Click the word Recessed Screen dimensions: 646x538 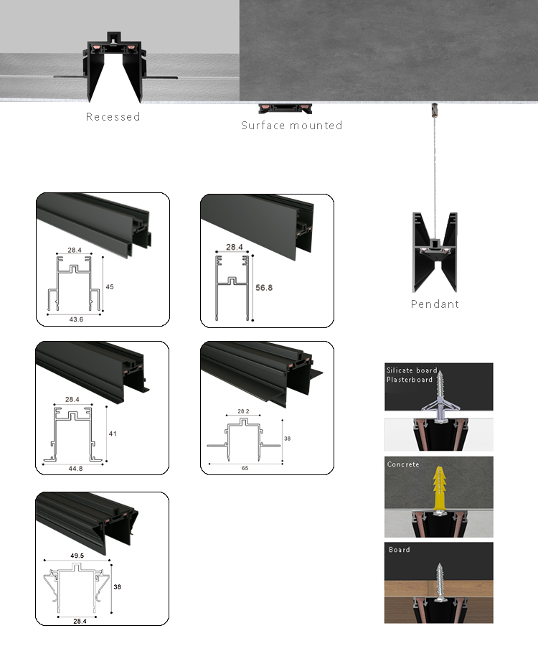[x=113, y=116]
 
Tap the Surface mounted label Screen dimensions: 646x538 [x=291, y=126]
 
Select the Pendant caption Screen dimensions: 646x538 [x=435, y=304]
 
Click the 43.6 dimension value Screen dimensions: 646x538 [x=75, y=319]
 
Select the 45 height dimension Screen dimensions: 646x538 [x=110, y=286]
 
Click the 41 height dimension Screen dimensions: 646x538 [x=113, y=434]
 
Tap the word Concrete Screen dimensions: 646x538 [x=403, y=464]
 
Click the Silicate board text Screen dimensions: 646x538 [x=412, y=370]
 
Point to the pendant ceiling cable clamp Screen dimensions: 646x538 [x=432, y=111]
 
